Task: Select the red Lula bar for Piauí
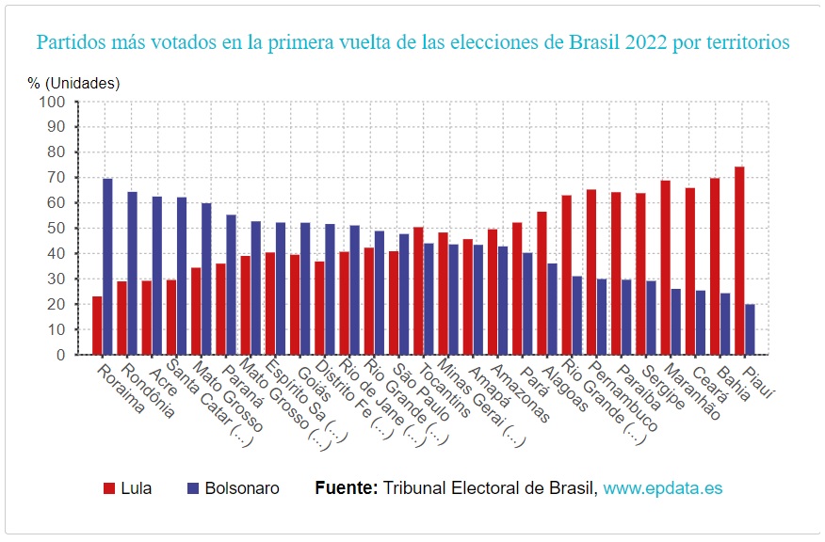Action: [739, 261]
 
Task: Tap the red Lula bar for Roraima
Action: [97, 326]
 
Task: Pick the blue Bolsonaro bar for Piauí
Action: [750, 329]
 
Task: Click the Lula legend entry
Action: [127, 488]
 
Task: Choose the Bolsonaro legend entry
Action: [233, 488]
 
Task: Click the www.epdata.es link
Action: [663, 488]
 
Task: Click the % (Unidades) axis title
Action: [74, 83]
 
